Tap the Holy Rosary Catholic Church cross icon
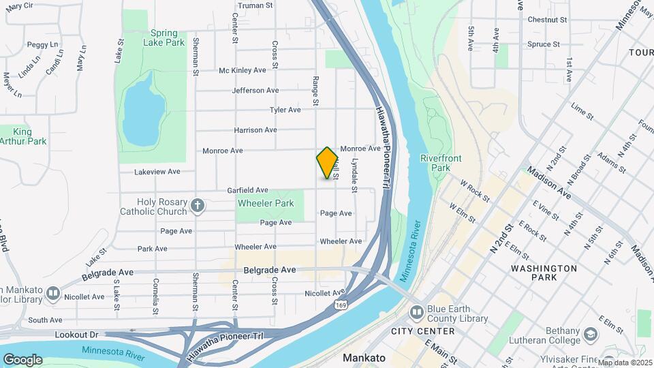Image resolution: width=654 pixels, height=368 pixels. (x=198, y=205)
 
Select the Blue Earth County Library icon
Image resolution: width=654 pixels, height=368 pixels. (x=416, y=312)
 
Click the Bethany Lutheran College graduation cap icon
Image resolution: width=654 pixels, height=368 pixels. (x=590, y=334)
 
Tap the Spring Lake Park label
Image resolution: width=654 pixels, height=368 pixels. (x=164, y=37)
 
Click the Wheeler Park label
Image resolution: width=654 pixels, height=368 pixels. (x=266, y=203)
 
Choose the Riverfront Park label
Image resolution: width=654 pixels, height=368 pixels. (x=441, y=163)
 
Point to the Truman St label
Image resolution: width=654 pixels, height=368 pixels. (x=255, y=5)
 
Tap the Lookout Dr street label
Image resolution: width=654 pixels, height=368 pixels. (x=76, y=335)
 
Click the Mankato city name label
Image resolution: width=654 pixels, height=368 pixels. (x=364, y=357)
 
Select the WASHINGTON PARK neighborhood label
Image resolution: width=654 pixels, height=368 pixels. (x=544, y=273)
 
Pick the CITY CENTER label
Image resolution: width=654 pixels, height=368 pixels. (x=422, y=331)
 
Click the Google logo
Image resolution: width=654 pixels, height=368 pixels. (x=22, y=359)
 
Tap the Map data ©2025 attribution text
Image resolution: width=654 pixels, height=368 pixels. (x=625, y=363)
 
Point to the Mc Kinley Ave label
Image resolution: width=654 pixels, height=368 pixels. (x=242, y=70)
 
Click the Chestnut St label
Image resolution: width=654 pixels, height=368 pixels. (x=547, y=20)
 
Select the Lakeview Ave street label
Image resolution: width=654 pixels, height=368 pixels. (x=157, y=172)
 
